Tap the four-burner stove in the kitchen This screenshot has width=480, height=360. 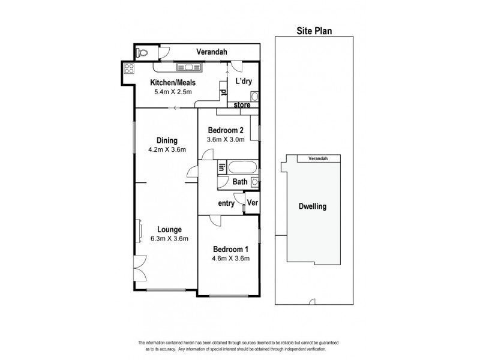[x=128, y=69]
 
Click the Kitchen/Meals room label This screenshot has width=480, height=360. [x=172, y=83]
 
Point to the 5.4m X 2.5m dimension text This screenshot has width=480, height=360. [x=172, y=92]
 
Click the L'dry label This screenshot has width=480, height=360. [x=243, y=81]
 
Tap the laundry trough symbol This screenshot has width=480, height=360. [x=254, y=95]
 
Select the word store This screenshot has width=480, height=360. [x=242, y=105]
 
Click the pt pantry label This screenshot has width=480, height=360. [x=223, y=92]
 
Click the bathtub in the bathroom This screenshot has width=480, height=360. [x=242, y=167]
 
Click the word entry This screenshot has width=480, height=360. [x=226, y=203]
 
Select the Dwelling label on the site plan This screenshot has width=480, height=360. [x=312, y=206]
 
